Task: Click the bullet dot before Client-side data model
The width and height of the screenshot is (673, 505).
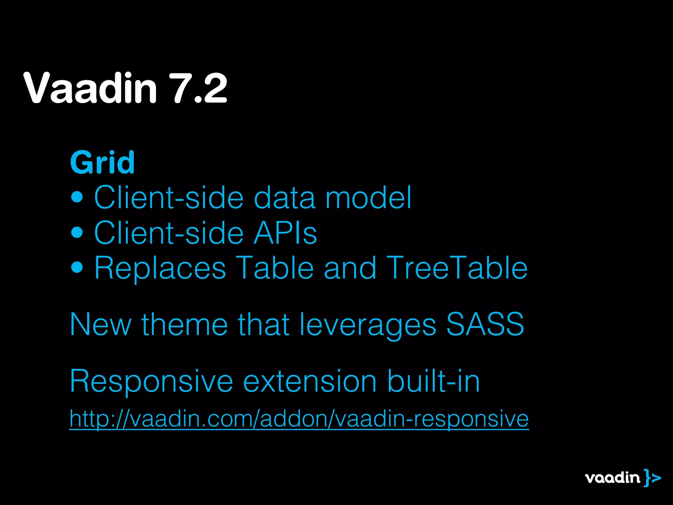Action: click(x=77, y=197)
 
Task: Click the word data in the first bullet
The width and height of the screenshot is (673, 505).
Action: click(x=285, y=198)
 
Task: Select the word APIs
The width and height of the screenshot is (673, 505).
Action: click(x=285, y=233)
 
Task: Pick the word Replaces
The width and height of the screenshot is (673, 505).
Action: click(x=160, y=268)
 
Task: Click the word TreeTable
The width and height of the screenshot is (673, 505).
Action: click(x=457, y=268)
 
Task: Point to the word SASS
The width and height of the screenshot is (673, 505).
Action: click(x=485, y=325)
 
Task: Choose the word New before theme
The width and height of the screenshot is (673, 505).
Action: click(x=101, y=325)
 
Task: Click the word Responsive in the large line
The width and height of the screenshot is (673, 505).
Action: click(x=151, y=381)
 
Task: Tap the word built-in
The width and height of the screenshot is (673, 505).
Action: click(x=434, y=381)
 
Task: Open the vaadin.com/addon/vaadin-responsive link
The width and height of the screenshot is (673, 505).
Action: click(x=299, y=419)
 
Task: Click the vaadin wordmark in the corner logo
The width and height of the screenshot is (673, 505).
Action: click(x=613, y=478)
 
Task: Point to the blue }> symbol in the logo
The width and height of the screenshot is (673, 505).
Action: click(x=652, y=478)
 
